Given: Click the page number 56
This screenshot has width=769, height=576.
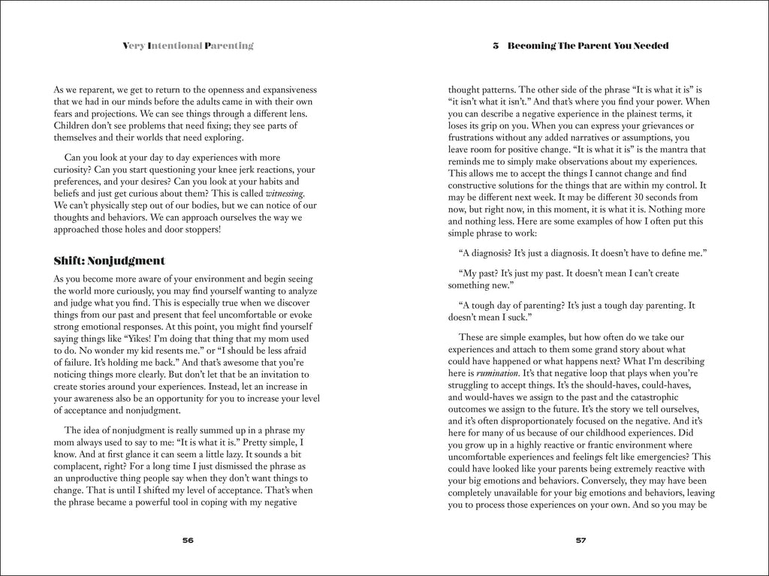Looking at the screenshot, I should (x=188, y=540).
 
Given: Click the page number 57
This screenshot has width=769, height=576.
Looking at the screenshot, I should (x=580, y=540).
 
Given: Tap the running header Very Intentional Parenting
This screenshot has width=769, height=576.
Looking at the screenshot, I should (x=188, y=46).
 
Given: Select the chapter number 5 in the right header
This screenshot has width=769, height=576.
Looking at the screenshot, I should (x=496, y=46).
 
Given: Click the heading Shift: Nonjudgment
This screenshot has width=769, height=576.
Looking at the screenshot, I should (x=109, y=261).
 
